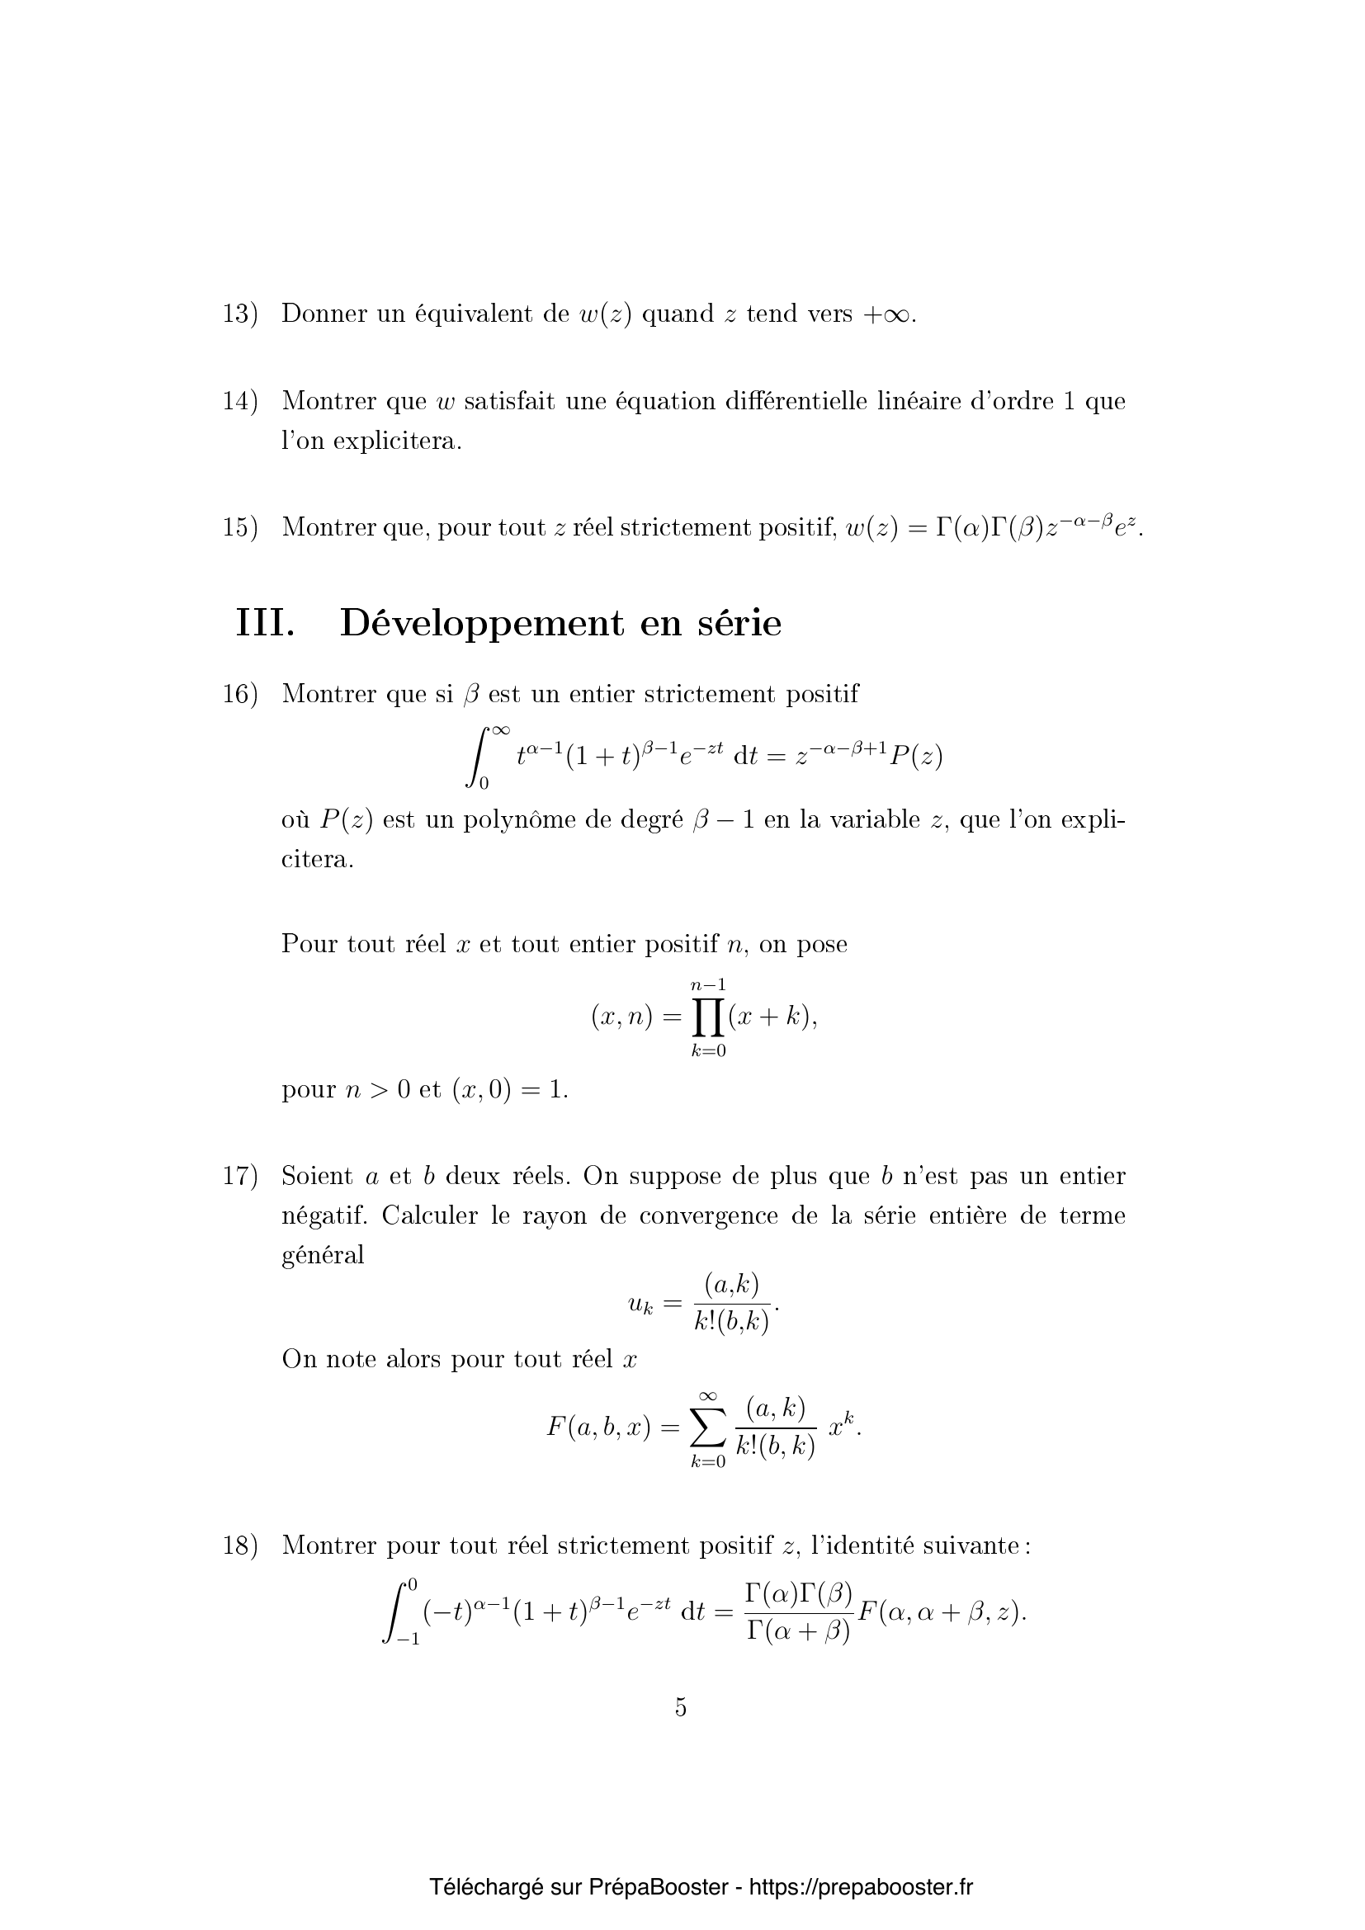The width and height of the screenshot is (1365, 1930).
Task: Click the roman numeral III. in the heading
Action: pyautogui.click(x=266, y=624)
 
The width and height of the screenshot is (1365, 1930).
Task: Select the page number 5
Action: pyautogui.click(x=681, y=1707)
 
